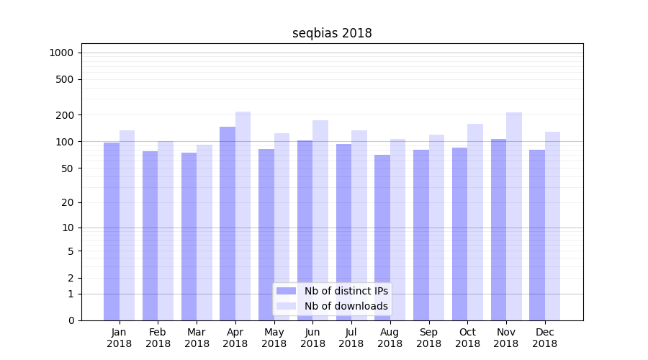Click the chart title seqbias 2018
[x=332, y=33]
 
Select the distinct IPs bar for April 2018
[x=228, y=223]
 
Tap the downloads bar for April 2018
[x=243, y=216]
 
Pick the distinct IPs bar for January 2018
[x=112, y=231]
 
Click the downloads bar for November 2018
[x=514, y=216]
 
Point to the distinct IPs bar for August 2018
[x=382, y=238]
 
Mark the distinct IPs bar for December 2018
[x=537, y=235]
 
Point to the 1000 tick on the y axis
[x=61, y=53]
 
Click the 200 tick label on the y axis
[x=65, y=115]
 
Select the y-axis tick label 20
[x=68, y=202]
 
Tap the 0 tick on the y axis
[x=71, y=320]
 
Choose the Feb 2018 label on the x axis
[x=158, y=338]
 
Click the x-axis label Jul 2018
[x=351, y=338]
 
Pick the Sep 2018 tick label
[x=428, y=338]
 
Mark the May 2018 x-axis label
[x=274, y=338]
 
